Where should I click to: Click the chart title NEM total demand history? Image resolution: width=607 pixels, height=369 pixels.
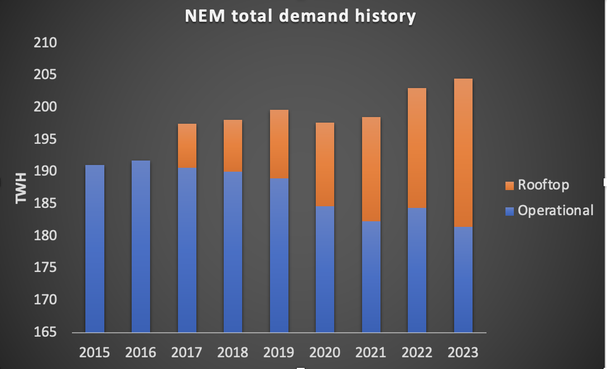301,16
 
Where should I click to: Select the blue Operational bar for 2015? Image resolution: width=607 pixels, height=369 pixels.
95,248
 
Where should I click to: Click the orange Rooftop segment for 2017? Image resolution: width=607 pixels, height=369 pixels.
187,145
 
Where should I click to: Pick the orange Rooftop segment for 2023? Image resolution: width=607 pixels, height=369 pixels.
463,153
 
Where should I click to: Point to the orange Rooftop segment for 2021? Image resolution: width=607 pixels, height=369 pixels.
371,169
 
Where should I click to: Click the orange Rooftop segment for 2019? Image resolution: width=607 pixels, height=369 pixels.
279,144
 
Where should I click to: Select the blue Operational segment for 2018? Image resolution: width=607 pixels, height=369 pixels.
233,251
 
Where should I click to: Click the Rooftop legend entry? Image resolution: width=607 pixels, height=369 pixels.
543,184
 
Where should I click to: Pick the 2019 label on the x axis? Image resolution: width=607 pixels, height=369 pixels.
279,353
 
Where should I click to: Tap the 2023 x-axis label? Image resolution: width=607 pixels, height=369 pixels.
463,353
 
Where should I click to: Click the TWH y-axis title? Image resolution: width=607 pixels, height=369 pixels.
21,188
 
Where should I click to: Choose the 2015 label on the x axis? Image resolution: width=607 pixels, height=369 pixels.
95,353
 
